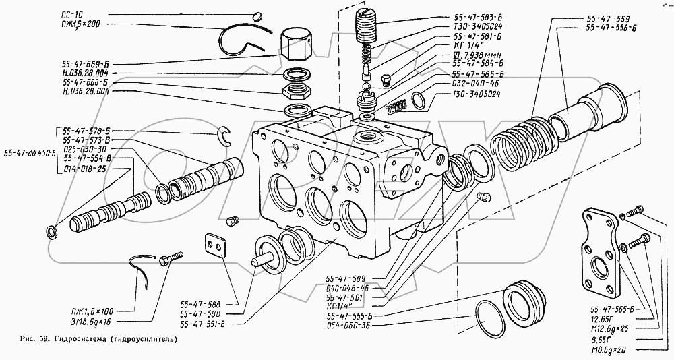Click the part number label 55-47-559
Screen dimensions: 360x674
[609, 18]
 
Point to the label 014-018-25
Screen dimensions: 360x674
[84, 168]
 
